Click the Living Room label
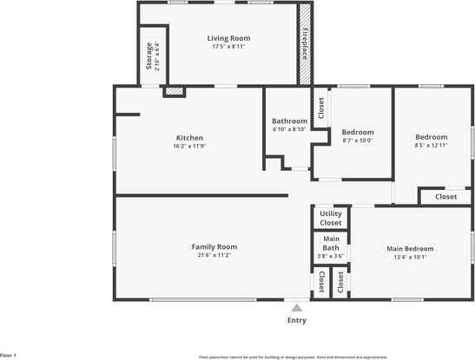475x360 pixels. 228,38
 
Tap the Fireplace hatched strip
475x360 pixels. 306,43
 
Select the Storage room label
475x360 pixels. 148,55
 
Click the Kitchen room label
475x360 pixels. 189,138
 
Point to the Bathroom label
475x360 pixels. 289,121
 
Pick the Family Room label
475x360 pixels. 214,246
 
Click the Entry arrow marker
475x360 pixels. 297,308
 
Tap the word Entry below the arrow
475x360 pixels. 297,320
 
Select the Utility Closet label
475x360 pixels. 331,218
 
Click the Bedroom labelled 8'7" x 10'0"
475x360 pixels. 357,133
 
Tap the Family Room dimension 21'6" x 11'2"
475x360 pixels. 214,255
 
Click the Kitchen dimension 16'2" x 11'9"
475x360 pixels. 189,146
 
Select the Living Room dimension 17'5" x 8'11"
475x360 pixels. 228,47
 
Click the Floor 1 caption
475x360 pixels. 9,355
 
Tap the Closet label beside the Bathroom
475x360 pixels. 320,107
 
